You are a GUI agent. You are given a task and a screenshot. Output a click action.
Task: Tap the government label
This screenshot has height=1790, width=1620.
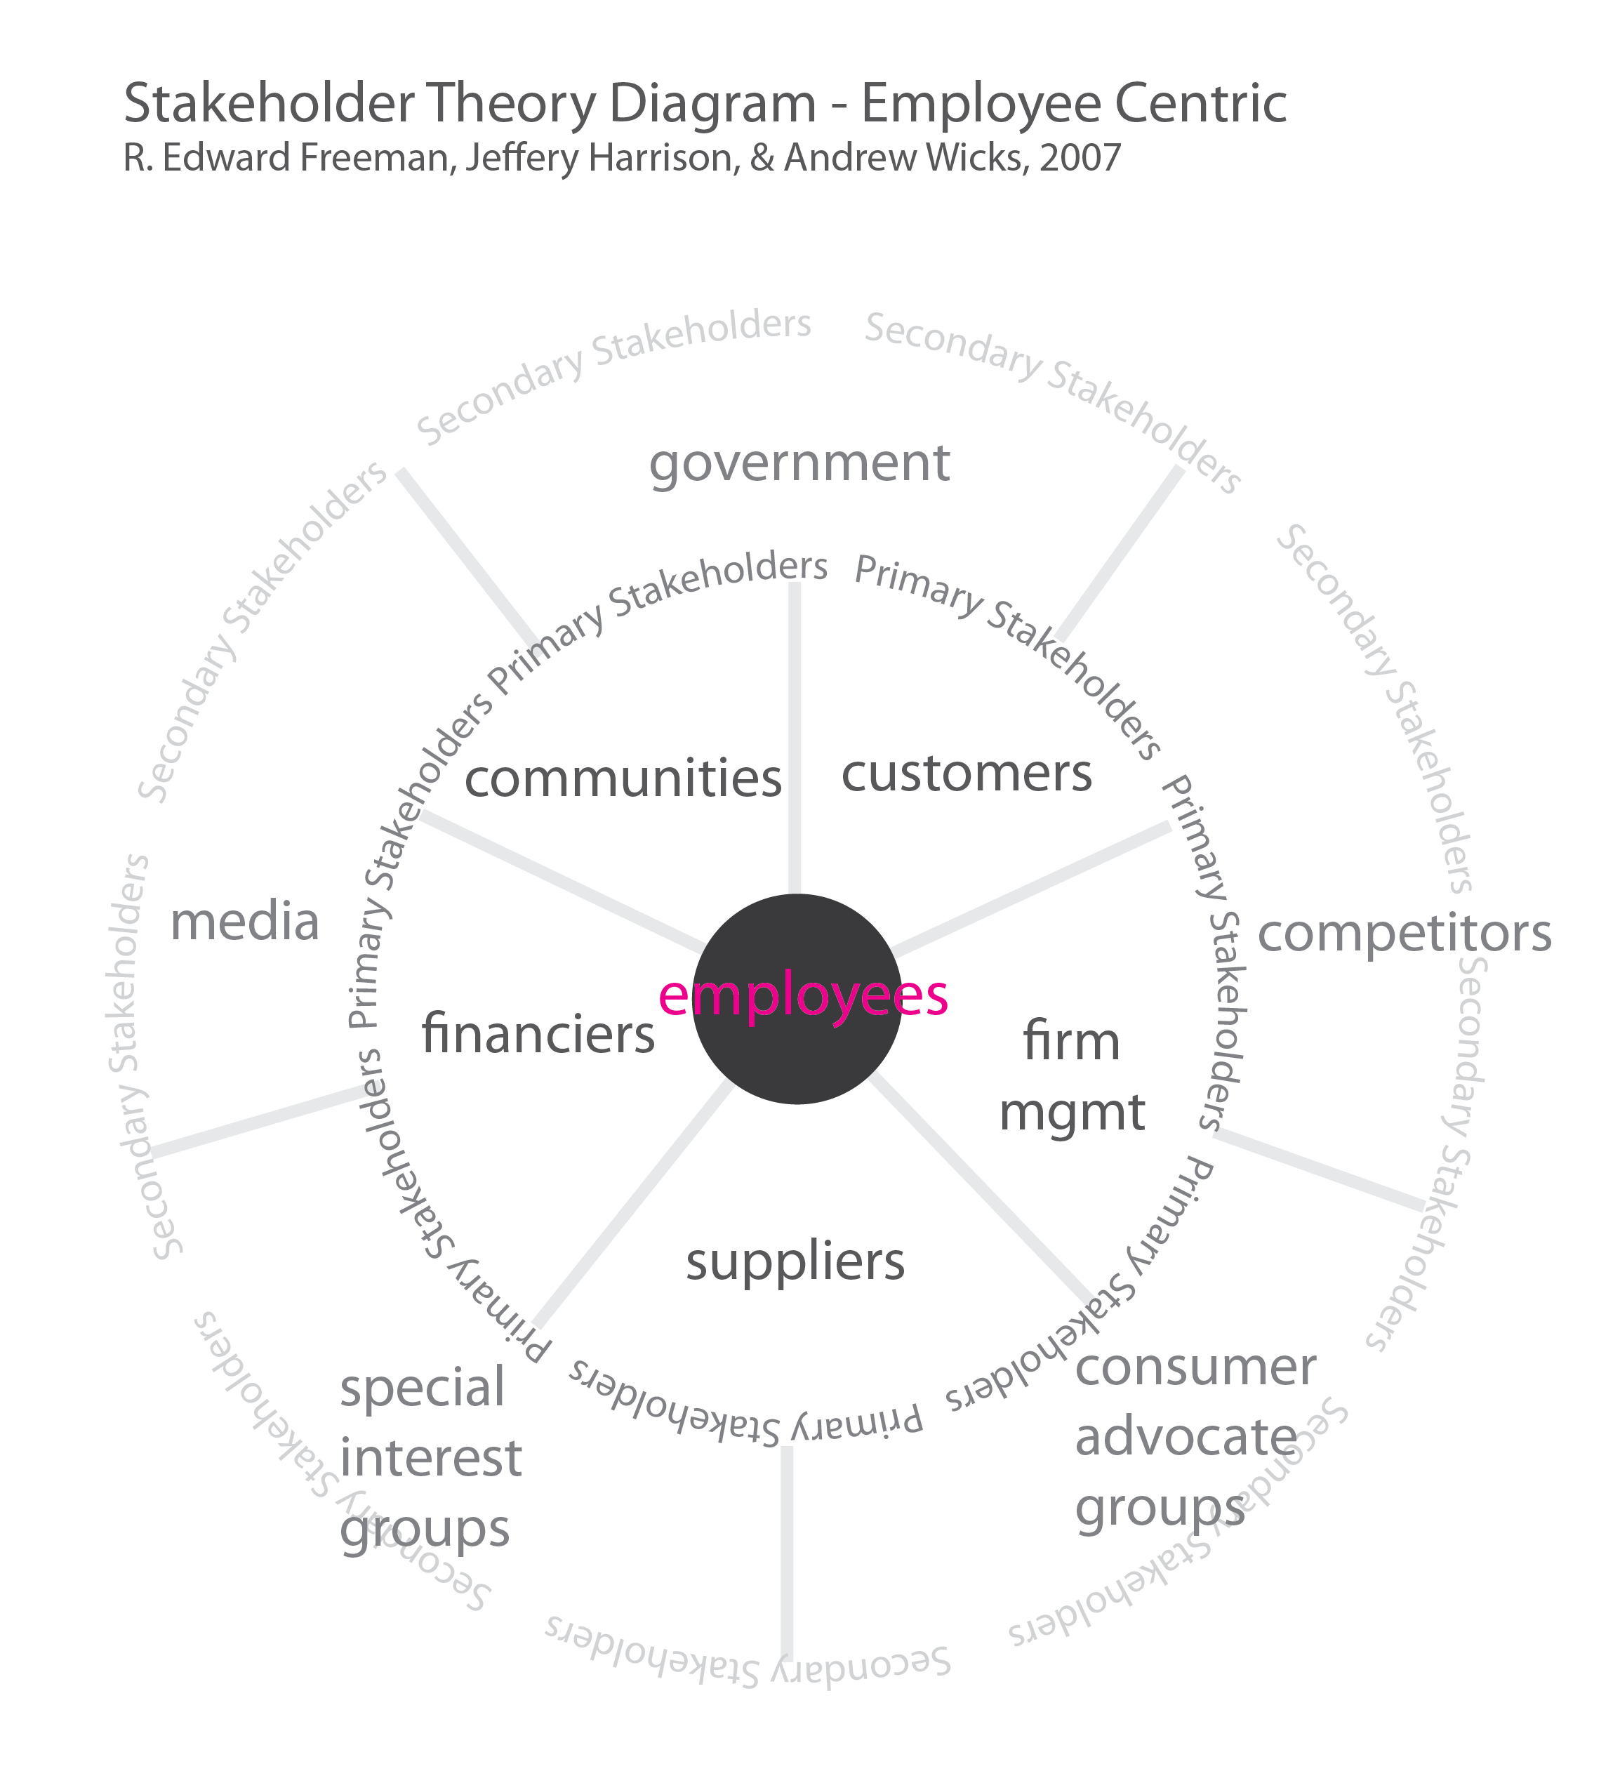(799, 463)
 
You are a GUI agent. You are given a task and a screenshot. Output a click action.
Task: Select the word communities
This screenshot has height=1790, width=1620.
(623, 778)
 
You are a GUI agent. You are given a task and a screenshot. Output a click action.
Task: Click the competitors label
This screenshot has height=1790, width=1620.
(1405, 934)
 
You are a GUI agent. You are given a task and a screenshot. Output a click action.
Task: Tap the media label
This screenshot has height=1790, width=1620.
(245, 922)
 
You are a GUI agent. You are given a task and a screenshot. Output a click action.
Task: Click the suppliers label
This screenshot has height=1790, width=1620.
(795, 1263)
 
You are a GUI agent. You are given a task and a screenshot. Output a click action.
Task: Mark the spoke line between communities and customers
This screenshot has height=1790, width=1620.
(795, 737)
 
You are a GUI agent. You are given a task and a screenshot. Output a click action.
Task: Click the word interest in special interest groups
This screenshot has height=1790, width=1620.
(430, 1459)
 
